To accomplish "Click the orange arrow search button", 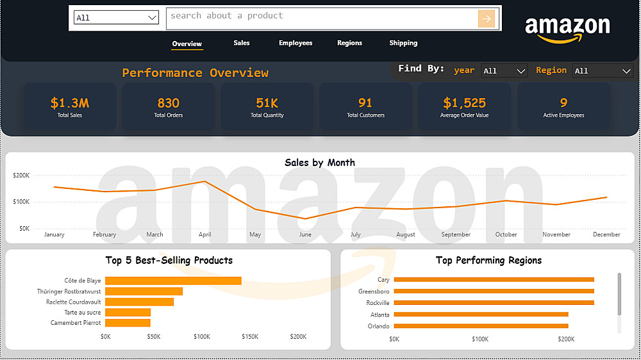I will click(487, 19).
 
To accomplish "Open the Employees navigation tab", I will click(296, 43).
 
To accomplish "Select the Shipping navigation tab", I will click(403, 43).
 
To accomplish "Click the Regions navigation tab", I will click(349, 43).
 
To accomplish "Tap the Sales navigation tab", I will click(242, 43).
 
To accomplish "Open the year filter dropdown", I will click(504, 71).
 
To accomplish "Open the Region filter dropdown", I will click(603, 71).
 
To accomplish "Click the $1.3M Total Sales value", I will click(70, 102).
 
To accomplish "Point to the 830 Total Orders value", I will click(168, 102).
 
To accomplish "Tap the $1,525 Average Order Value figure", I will click(464, 102).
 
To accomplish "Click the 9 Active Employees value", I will click(563, 102).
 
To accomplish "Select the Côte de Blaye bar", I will click(173, 281).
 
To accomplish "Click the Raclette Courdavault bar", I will click(139, 302).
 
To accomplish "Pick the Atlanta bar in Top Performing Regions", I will click(481, 315).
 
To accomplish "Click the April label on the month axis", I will click(204, 234).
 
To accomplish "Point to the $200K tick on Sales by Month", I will click(21, 175).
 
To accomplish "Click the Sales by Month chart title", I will click(319, 163).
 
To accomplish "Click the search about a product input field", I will click(320, 18).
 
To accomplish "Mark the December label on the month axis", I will click(606, 234).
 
